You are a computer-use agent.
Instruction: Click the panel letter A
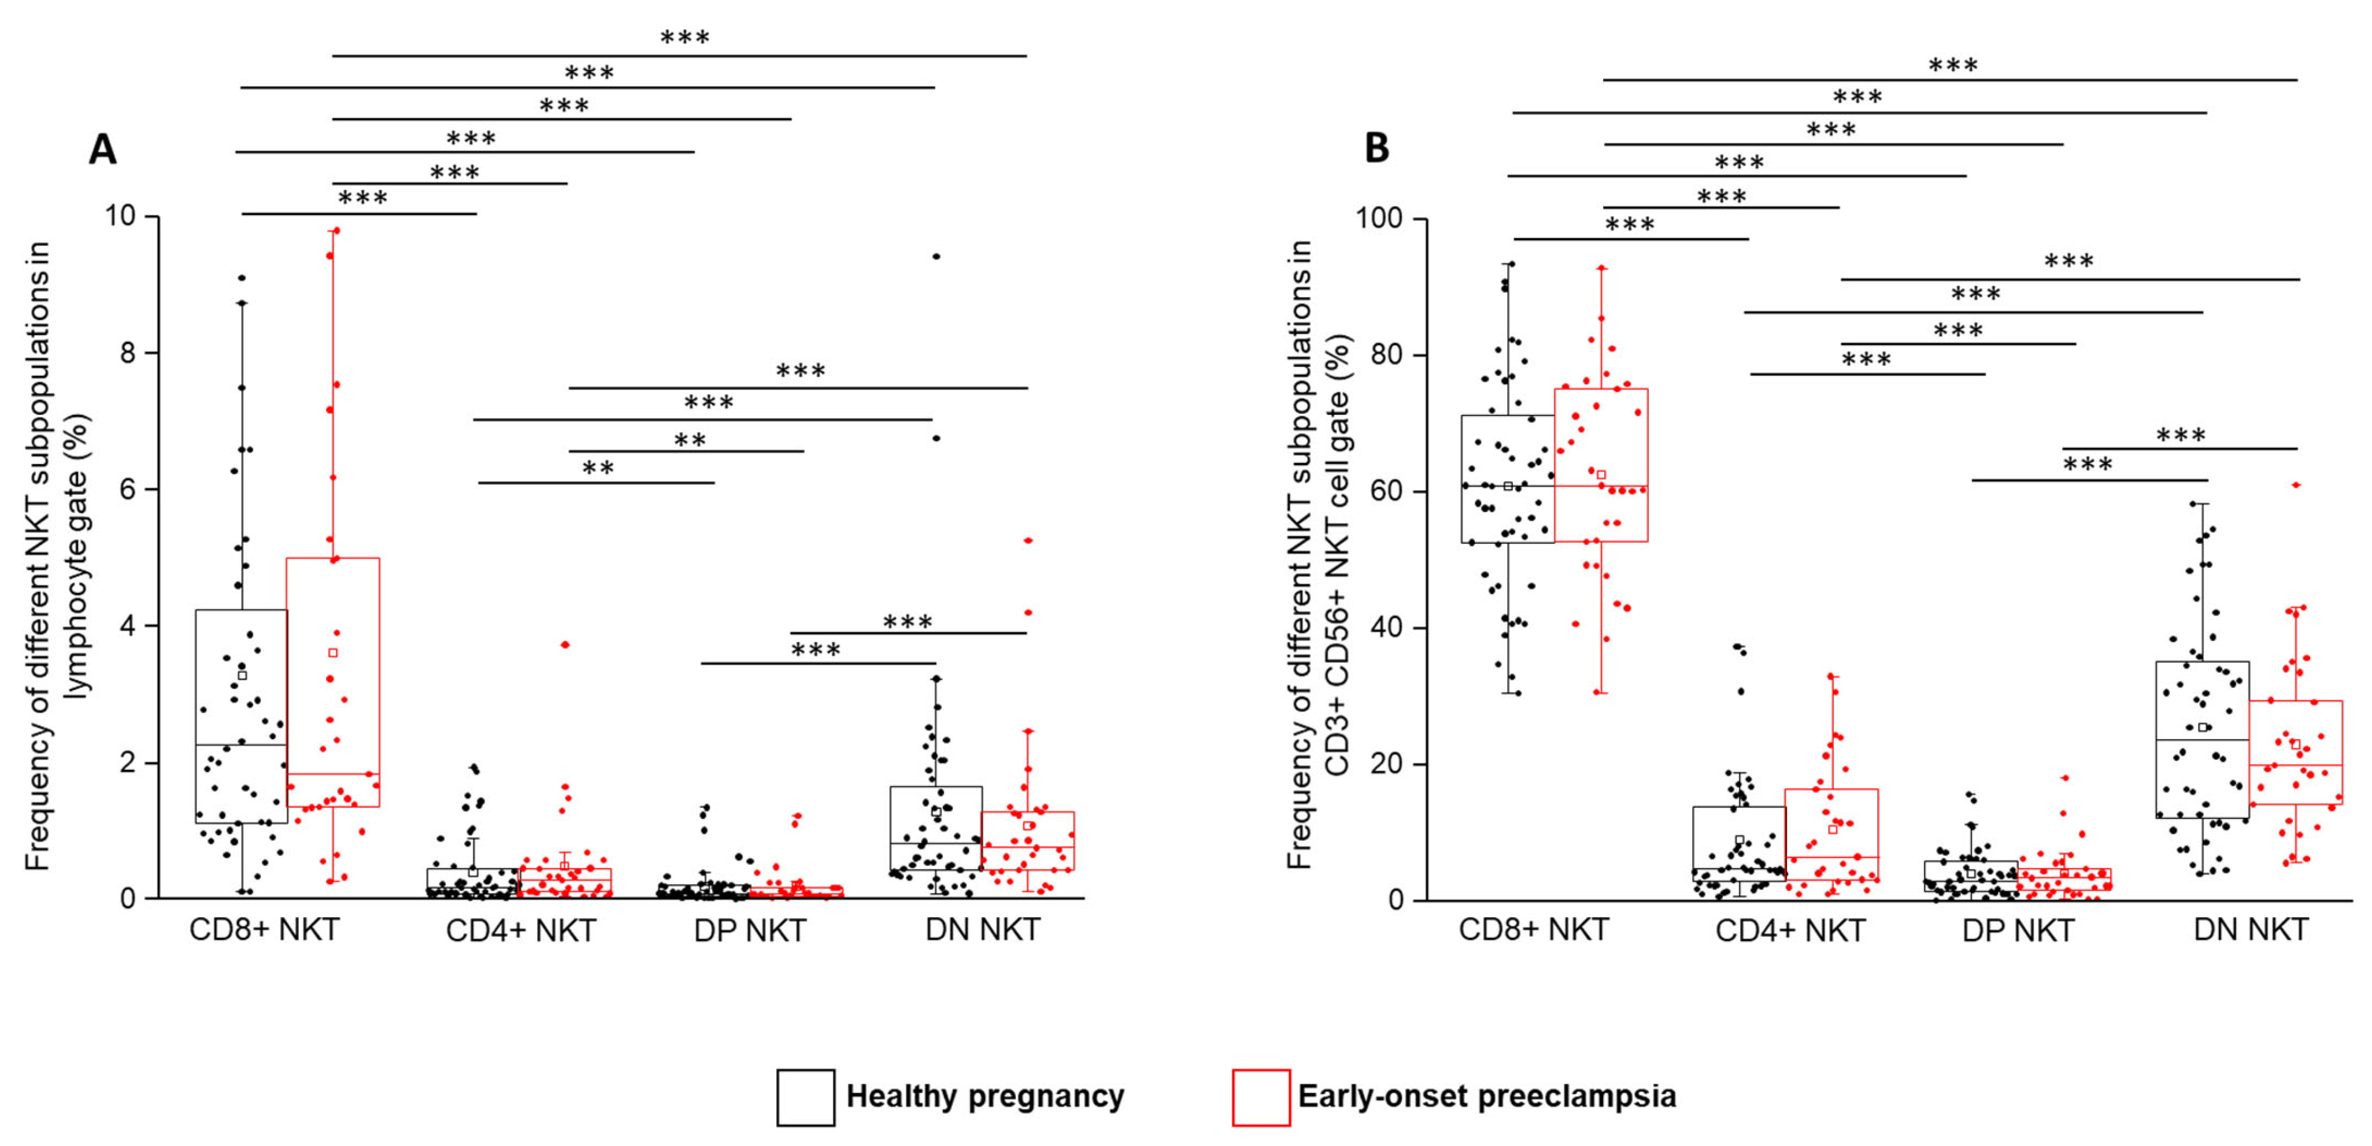[102, 149]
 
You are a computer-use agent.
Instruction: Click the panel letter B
[1376, 147]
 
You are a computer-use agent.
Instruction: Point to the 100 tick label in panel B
[1378, 219]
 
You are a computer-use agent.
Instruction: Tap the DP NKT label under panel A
[750, 930]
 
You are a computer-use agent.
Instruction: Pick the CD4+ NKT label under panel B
[1790, 930]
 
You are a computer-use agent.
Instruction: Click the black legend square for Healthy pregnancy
[806, 1097]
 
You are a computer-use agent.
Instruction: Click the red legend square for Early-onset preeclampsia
[1261, 1097]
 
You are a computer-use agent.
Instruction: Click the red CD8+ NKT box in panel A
[332, 682]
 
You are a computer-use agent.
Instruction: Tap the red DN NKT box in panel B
[2296, 752]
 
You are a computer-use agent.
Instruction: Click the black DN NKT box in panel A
[935, 828]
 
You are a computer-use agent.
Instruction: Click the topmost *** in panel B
[1953, 65]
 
